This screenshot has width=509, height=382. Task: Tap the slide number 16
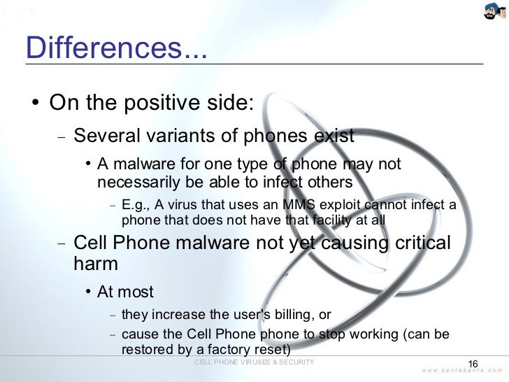click(x=472, y=364)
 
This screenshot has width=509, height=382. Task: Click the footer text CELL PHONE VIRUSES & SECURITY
click(x=254, y=362)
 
